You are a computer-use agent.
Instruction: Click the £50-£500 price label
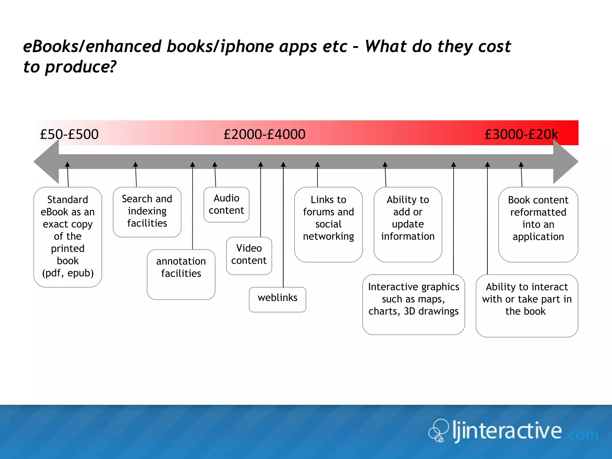69,134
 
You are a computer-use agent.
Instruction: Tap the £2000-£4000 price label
264,134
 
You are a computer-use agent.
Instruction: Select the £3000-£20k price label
521,134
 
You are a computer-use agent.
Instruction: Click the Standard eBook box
68,237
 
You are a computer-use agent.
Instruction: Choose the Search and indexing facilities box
147,212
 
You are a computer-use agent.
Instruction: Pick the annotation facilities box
181,274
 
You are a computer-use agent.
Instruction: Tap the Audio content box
226,204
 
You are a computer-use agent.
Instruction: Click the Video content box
249,255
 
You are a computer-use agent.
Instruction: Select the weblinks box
277,299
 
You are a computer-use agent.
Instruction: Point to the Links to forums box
328,224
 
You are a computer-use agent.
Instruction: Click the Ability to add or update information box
408,224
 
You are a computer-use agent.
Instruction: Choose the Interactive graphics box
414,304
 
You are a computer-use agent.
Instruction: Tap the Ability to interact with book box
527,305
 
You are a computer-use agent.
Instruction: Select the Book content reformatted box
538,224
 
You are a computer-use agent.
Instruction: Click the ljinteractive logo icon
438,430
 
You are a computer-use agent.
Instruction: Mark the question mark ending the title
112,66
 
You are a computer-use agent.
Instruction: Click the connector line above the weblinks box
283,227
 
